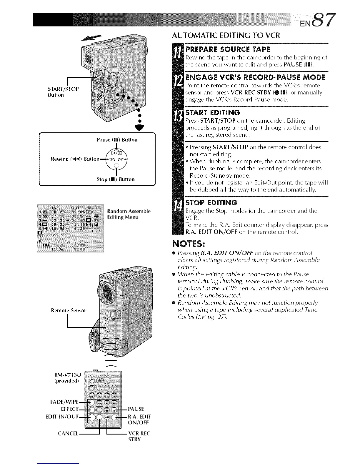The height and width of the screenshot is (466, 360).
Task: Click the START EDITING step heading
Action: tap(213, 112)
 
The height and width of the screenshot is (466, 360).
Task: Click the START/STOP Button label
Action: tap(63, 91)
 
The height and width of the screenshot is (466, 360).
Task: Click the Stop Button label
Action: tap(116, 179)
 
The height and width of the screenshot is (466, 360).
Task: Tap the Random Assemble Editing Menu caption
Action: tap(129, 214)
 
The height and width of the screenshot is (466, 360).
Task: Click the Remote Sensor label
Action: tap(69, 310)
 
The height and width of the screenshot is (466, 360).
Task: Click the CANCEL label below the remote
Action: tap(68, 434)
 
